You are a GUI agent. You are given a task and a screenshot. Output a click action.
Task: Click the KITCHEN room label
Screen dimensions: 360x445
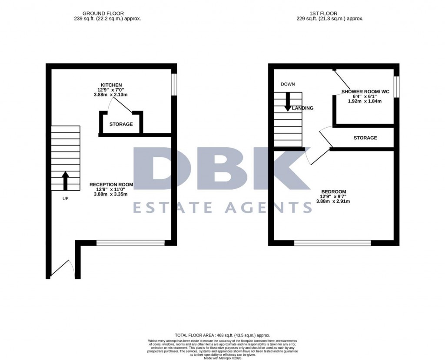point(111,85)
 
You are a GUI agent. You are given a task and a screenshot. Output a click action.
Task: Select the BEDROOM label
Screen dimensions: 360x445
point(333,192)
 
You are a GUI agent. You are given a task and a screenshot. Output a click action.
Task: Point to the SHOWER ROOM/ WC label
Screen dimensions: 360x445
point(365,92)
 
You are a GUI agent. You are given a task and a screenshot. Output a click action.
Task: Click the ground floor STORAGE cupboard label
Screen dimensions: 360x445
point(121,124)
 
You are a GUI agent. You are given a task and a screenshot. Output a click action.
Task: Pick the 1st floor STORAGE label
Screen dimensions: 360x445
point(365,138)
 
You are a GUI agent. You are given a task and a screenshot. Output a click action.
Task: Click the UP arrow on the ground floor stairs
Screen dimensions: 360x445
point(66,181)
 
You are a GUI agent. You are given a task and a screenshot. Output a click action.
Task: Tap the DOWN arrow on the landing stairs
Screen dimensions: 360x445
point(288,103)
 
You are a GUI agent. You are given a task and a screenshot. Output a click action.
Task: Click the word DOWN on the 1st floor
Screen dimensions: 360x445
point(288,84)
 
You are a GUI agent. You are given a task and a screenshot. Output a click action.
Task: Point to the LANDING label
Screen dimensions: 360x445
point(302,108)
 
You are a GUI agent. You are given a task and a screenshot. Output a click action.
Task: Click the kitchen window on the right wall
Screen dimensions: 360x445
point(174,84)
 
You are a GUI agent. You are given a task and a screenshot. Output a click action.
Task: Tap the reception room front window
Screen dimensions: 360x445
point(130,243)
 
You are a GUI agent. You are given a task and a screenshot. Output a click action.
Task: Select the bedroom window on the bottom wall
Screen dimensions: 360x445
point(332,243)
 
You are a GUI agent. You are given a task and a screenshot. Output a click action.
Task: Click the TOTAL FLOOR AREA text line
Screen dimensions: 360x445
point(222,335)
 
